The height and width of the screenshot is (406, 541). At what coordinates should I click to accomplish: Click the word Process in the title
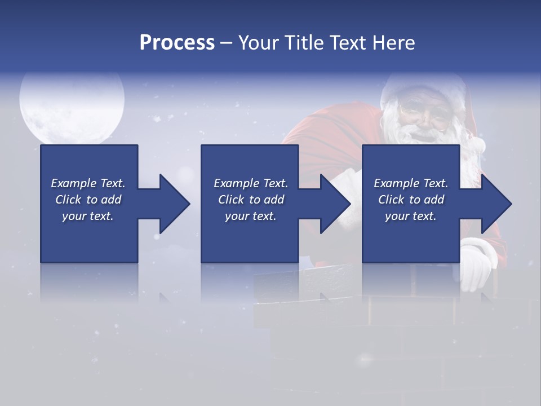pos(177,43)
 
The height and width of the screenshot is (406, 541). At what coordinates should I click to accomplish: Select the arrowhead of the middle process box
pos(335,204)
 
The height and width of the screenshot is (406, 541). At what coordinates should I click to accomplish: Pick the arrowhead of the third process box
pos(496,204)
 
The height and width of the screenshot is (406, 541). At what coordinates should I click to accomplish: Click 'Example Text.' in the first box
pos(88,183)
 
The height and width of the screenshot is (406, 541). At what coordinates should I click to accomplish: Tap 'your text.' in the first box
pos(88,216)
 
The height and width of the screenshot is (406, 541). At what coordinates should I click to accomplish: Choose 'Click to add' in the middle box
pos(251,200)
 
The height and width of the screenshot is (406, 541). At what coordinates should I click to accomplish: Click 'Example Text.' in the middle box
pos(251,183)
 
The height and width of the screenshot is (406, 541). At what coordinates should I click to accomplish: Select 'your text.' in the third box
pos(411,216)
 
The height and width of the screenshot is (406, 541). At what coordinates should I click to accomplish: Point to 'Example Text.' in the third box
pos(411,183)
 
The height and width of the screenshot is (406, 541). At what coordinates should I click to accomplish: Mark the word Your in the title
pos(258,43)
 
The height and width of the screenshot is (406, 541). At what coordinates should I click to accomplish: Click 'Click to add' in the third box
pos(411,200)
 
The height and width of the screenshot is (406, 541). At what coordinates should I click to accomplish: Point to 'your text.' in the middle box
pos(251,216)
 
